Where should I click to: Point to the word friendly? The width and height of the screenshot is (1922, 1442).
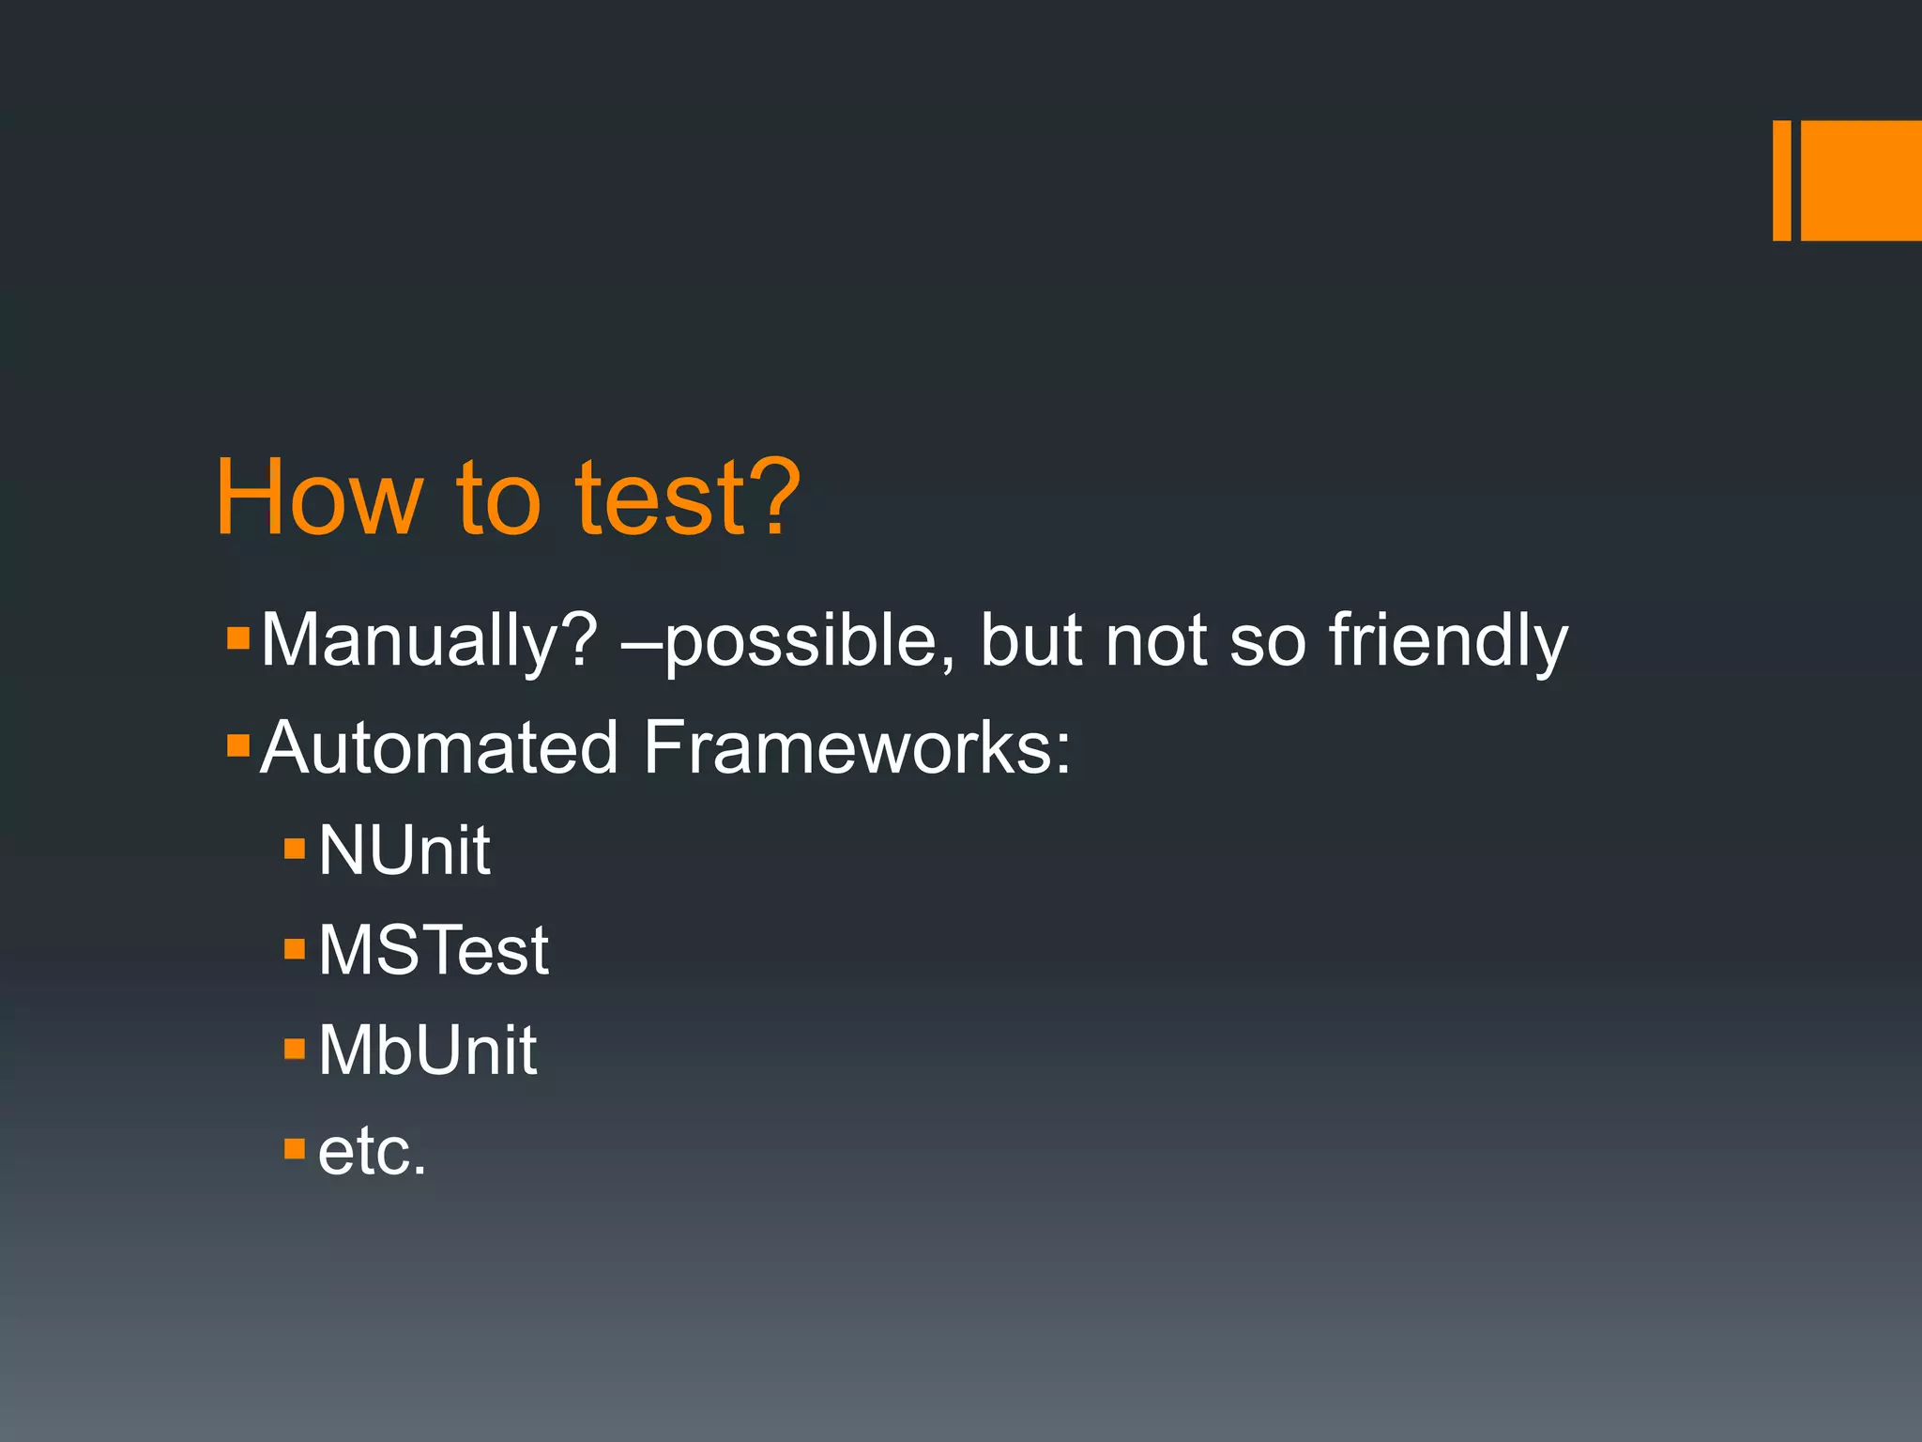pyautogui.click(x=1448, y=641)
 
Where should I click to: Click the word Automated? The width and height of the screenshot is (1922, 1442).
pyautogui.click(x=439, y=748)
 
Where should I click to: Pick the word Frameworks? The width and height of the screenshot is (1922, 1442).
pyautogui.click(x=856, y=748)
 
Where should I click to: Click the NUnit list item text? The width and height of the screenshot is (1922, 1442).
pyautogui.click(x=404, y=851)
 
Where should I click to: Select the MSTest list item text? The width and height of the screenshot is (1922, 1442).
pyautogui.click(x=433, y=950)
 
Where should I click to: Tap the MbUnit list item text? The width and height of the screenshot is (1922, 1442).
pyautogui.click(x=427, y=1051)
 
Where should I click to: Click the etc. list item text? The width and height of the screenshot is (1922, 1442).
pyautogui.click(x=372, y=1152)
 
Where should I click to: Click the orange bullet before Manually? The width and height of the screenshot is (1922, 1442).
pyautogui.click(x=238, y=639)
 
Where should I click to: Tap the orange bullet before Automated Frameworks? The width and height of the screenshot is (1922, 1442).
pyautogui.click(x=238, y=746)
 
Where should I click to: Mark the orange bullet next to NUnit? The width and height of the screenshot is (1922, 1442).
pyautogui.click(x=295, y=849)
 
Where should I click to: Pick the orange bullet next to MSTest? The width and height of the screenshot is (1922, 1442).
pyautogui.click(x=295, y=948)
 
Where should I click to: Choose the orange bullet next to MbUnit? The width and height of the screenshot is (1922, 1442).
pyautogui.click(x=295, y=1048)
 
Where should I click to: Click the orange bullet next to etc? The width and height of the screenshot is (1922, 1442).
pyautogui.click(x=295, y=1148)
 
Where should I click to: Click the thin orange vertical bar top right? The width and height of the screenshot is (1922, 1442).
pyautogui.click(x=1781, y=180)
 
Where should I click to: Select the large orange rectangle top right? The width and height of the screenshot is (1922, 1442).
pyautogui.click(x=1861, y=180)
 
